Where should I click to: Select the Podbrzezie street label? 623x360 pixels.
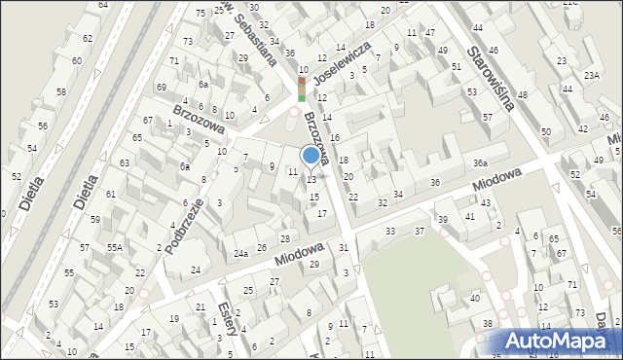pos(184,227)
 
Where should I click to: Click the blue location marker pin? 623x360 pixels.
pos(311,157)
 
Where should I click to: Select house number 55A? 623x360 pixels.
pos(115,248)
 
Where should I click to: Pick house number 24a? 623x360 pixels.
pos(240,253)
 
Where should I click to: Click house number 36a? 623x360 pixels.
pos(480,162)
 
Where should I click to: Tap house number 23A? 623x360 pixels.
pos(591,74)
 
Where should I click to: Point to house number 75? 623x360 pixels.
pos(201,13)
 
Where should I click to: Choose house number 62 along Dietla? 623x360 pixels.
pos(88,38)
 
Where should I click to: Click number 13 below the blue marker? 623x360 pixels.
pos(311,179)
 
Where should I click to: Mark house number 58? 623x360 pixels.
pos(60,91)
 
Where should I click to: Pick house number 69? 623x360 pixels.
pos(162,88)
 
